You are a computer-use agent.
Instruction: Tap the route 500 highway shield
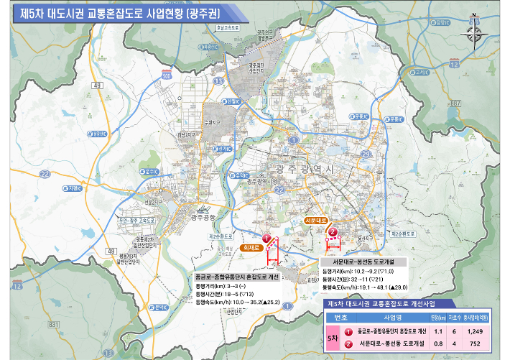(x=167, y=75)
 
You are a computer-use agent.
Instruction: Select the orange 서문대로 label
(x=316, y=219)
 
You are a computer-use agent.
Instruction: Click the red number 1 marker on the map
(x=266, y=238)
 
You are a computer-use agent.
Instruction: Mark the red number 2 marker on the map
(x=333, y=232)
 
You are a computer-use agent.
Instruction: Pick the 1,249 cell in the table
(x=474, y=332)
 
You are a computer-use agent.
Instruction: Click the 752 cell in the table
(x=474, y=345)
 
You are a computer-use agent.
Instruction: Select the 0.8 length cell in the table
(x=436, y=345)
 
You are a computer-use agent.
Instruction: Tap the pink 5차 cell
(x=332, y=338)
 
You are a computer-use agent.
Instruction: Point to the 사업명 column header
(x=392, y=318)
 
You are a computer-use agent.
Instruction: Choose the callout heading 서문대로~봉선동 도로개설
(x=363, y=262)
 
